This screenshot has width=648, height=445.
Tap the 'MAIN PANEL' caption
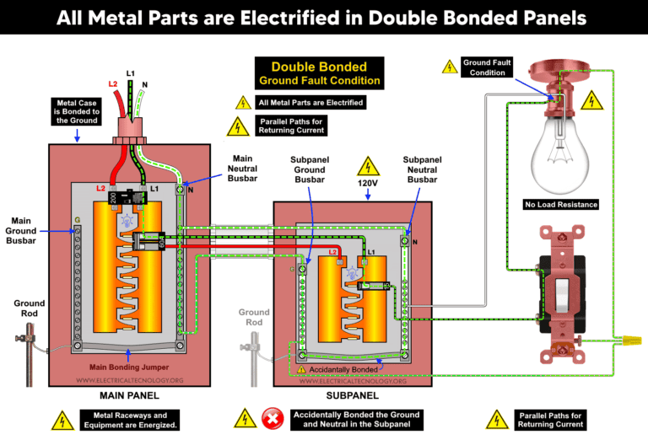coord(128,394)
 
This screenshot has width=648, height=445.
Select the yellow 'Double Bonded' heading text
coord(319,67)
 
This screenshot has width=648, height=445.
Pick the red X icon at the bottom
coord(272,419)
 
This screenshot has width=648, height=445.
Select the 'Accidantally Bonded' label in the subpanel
coord(341,368)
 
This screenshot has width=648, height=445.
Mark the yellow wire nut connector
coord(625,340)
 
